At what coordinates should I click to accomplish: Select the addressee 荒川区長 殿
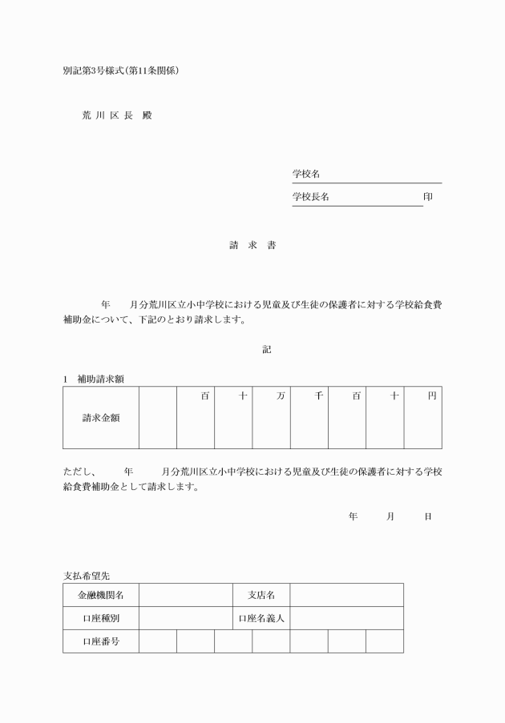pyautogui.click(x=116, y=115)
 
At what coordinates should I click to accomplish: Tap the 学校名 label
pyautogui.click(x=306, y=174)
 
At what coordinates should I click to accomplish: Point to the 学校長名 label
pyautogui.click(x=310, y=197)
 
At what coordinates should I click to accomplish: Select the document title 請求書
pyautogui.click(x=252, y=245)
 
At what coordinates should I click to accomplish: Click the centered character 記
pyautogui.click(x=267, y=349)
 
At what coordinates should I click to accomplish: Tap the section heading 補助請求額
pyautogui.click(x=99, y=377)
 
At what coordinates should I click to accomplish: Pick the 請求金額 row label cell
pyautogui.click(x=101, y=417)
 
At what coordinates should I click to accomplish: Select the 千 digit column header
pyautogui.click(x=318, y=396)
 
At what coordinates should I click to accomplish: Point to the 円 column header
pyautogui.click(x=432, y=396)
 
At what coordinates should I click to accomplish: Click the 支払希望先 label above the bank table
pyautogui.click(x=87, y=575)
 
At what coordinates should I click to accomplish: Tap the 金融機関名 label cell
pyautogui.click(x=101, y=595)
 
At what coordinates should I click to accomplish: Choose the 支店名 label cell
pyautogui.click(x=261, y=595)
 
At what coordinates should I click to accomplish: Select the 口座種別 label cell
pyautogui.click(x=101, y=618)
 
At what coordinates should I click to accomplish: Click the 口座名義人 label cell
pyautogui.click(x=261, y=618)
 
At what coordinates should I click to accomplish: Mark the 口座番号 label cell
pyautogui.click(x=101, y=641)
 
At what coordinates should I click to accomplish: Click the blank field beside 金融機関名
pyautogui.click(x=185, y=595)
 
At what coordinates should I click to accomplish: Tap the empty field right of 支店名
pyautogui.click(x=346, y=595)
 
